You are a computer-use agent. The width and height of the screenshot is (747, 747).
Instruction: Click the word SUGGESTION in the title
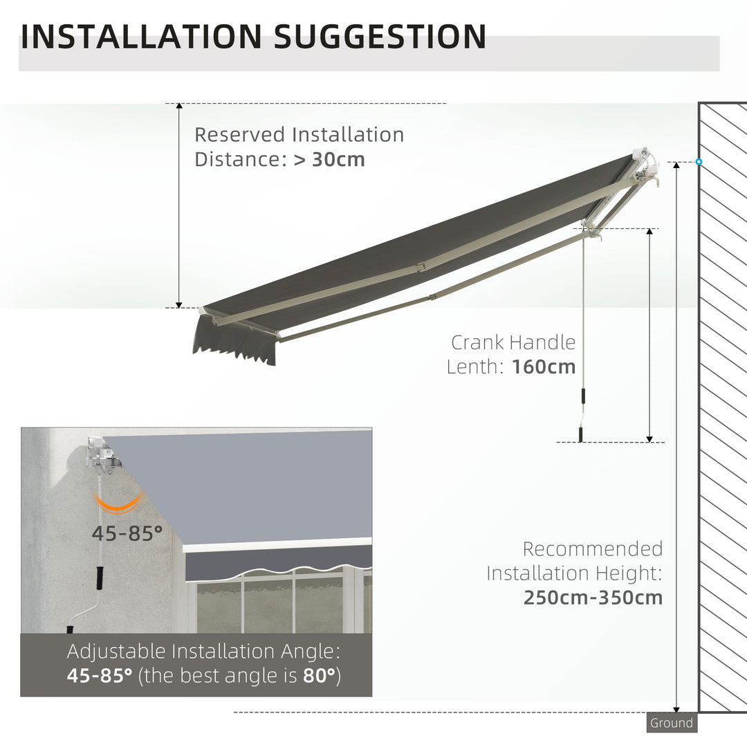coord(380,36)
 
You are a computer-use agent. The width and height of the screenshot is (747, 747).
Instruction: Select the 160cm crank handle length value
coord(544,367)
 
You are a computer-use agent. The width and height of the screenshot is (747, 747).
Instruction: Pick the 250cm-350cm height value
coord(593,597)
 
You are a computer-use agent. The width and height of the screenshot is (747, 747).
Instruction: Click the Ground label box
coord(671,723)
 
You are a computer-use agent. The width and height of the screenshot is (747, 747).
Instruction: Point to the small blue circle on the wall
coord(699,162)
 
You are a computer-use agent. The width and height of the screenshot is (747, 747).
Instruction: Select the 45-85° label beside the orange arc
coord(127,533)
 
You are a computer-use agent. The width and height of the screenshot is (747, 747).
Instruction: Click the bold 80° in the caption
coord(319,675)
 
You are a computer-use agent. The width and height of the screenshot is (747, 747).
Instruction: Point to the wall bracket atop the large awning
coord(647,166)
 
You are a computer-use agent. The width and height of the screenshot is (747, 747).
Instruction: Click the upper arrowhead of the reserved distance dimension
coord(179,108)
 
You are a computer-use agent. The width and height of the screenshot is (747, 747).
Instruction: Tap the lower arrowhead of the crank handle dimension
coord(649,437)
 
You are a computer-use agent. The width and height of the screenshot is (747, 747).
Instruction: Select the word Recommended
coord(592,549)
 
